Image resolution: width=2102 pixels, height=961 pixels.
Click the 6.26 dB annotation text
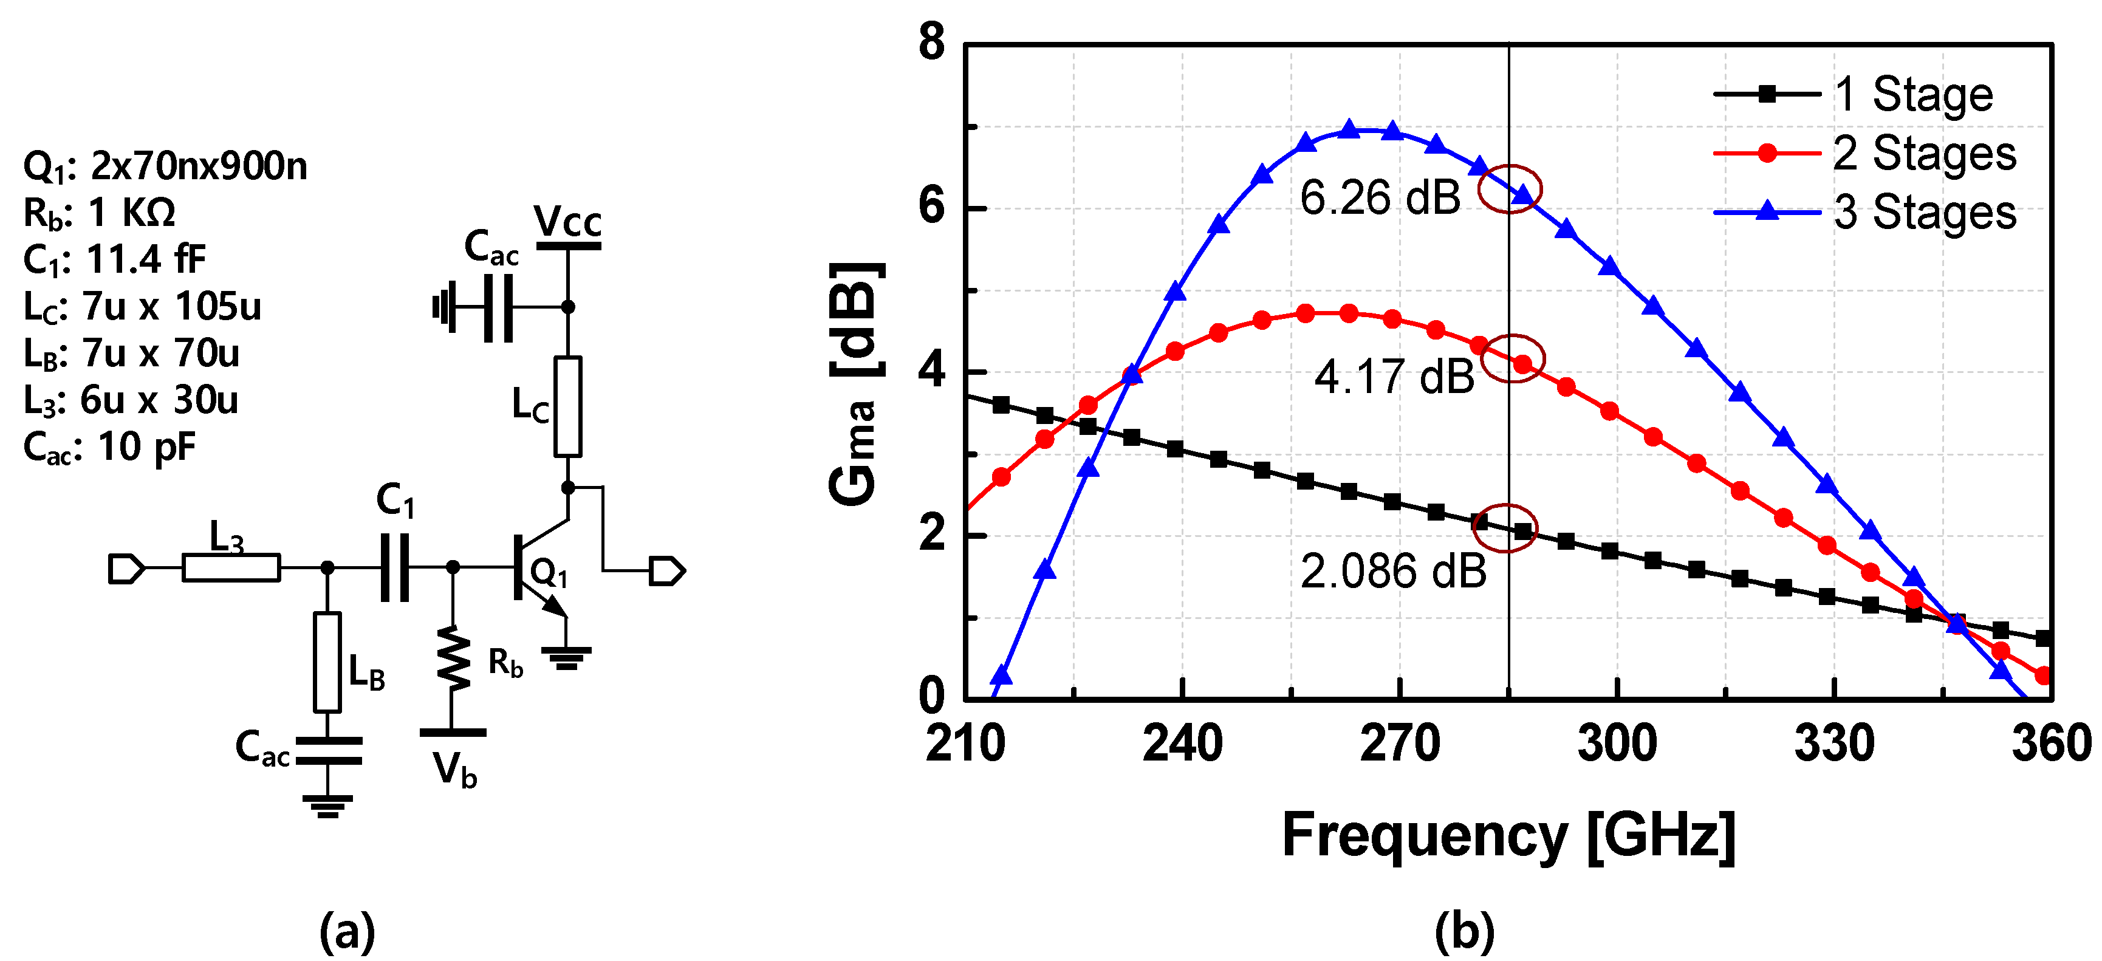pyautogui.click(x=1379, y=198)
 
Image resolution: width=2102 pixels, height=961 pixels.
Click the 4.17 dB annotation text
pyautogui.click(x=1394, y=377)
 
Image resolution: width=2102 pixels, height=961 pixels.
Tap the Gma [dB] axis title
pyautogui.click(x=854, y=383)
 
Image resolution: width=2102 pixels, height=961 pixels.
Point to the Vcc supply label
pyautogui.click(x=567, y=221)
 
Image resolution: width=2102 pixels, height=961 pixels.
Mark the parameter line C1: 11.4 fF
pyautogui.click(x=114, y=259)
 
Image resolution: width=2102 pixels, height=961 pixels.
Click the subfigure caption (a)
pyautogui.click(x=347, y=932)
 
